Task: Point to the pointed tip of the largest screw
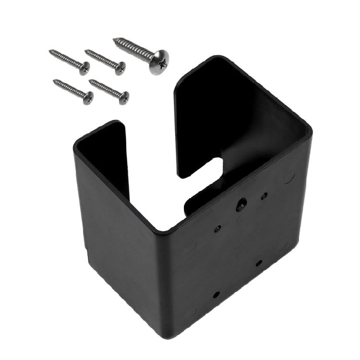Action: pyautogui.click(x=115, y=40)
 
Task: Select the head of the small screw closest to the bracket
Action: pyautogui.click(x=124, y=97)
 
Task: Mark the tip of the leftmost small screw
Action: pyautogui.click(x=50, y=51)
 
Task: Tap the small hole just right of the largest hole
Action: pyautogui.click(x=264, y=196)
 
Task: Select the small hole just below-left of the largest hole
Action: pyautogui.click(x=217, y=228)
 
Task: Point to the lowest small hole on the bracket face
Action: pyautogui.click(x=216, y=294)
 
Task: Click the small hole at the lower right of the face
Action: pyautogui.click(x=259, y=263)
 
